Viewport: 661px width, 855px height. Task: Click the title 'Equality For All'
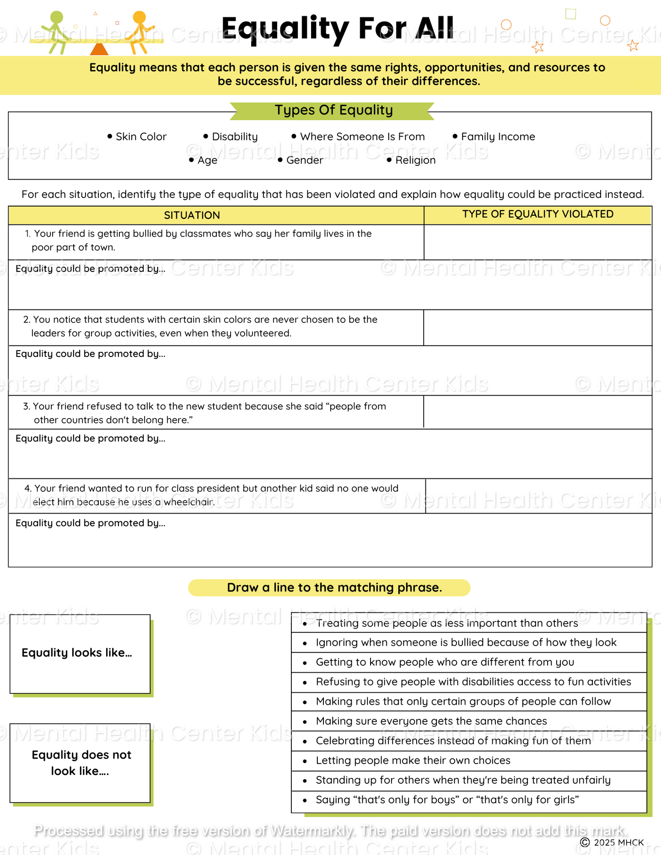click(x=338, y=29)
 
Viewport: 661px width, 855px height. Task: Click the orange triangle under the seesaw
click(x=99, y=49)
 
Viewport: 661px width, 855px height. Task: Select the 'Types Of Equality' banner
click(x=333, y=111)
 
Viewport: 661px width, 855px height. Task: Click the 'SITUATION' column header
click(x=192, y=215)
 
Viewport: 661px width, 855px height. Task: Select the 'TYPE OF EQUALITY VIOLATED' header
click(x=537, y=214)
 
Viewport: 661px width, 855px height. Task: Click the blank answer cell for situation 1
click(x=537, y=242)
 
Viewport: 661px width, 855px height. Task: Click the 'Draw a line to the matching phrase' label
click(x=334, y=588)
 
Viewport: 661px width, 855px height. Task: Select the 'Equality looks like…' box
click(x=80, y=653)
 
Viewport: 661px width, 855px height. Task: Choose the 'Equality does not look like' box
click(x=80, y=763)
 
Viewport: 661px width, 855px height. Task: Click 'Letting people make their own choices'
click(x=413, y=760)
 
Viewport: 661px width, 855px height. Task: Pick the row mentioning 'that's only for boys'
click(x=447, y=800)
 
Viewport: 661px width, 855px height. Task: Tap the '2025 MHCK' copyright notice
click(x=613, y=842)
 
